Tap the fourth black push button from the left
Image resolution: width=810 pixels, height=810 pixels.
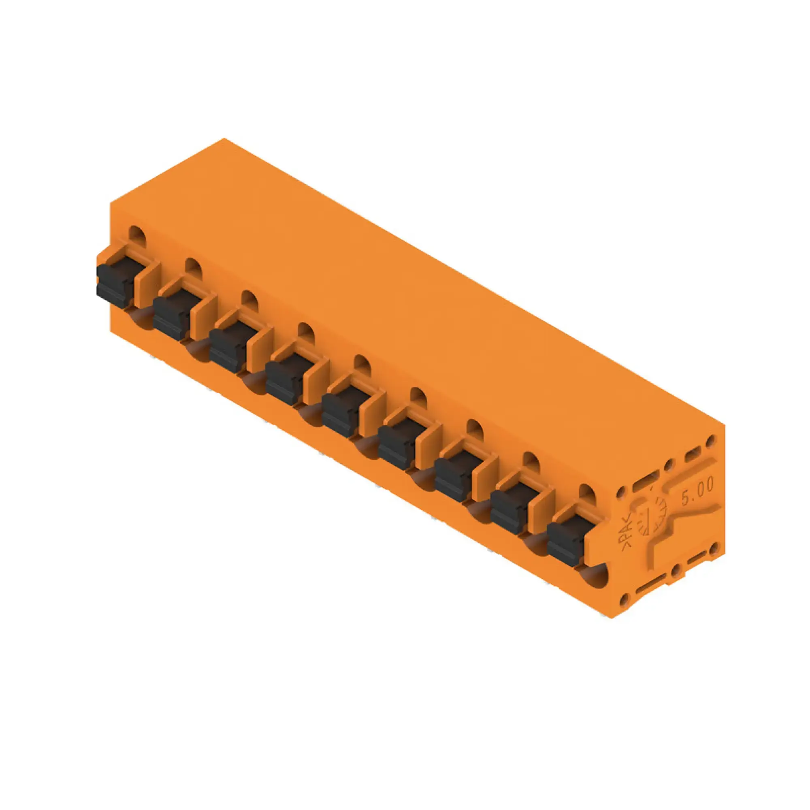coord(285,382)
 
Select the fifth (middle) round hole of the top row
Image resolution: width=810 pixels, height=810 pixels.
coord(362,363)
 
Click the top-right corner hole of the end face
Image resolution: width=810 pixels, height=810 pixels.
coord(710,441)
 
